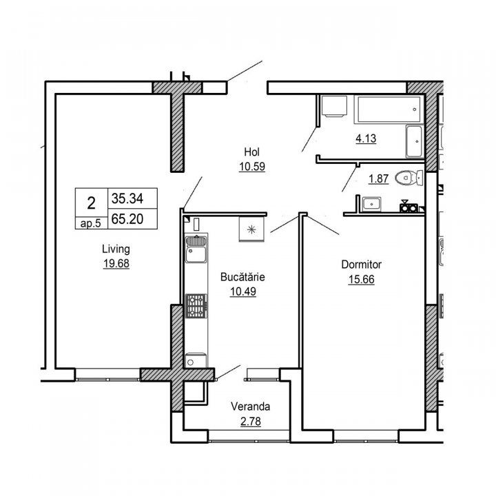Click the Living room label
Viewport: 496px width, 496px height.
point(116,249)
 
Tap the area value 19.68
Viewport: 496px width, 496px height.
point(116,263)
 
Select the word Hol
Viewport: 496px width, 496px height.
point(252,152)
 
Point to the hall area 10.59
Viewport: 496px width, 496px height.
point(252,167)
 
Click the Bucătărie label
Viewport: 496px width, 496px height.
point(242,277)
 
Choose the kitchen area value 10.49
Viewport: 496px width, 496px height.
point(243,291)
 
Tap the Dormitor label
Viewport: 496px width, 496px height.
point(361,265)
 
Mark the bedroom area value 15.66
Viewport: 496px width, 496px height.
point(361,279)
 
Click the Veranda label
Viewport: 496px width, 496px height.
point(250,406)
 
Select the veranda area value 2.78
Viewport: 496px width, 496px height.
point(251,422)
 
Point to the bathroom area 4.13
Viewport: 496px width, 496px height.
point(366,138)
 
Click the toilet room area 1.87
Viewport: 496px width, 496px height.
point(378,178)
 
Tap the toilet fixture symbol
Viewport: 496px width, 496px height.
point(409,178)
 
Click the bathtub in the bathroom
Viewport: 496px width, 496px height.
point(389,110)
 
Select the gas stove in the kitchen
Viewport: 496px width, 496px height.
point(196,306)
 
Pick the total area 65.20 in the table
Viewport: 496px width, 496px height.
point(127,218)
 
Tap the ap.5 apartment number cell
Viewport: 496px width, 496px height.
point(90,223)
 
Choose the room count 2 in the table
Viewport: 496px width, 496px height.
point(91,203)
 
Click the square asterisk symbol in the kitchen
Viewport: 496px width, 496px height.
point(251,229)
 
